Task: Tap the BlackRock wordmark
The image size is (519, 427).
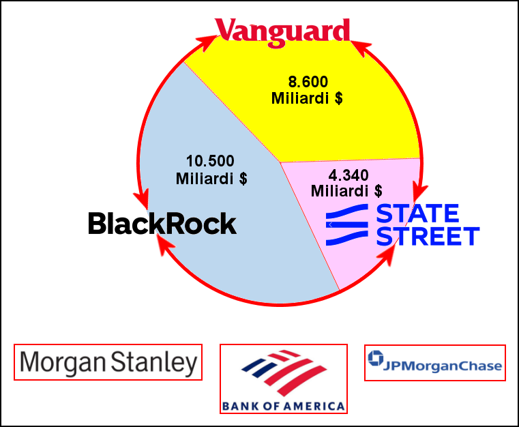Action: point(162,224)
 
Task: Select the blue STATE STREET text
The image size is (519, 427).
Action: point(428,224)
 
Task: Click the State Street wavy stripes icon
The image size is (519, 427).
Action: point(347,224)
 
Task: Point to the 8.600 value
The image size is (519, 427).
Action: point(308,82)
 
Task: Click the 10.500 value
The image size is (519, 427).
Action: point(210,161)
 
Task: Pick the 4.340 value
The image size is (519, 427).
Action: point(349,175)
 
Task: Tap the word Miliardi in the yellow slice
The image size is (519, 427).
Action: point(300,98)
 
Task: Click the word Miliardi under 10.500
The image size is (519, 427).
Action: point(205,179)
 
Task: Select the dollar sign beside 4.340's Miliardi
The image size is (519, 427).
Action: point(379,191)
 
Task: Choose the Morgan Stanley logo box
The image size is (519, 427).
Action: point(108,362)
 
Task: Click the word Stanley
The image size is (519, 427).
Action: point(154,363)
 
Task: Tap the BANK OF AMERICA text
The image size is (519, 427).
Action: point(283,406)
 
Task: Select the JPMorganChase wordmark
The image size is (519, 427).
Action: point(443,366)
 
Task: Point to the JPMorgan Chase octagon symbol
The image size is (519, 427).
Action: point(376,358)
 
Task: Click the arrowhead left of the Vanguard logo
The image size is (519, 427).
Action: point(208,42)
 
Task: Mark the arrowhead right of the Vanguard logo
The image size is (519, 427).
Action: point(361,47)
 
